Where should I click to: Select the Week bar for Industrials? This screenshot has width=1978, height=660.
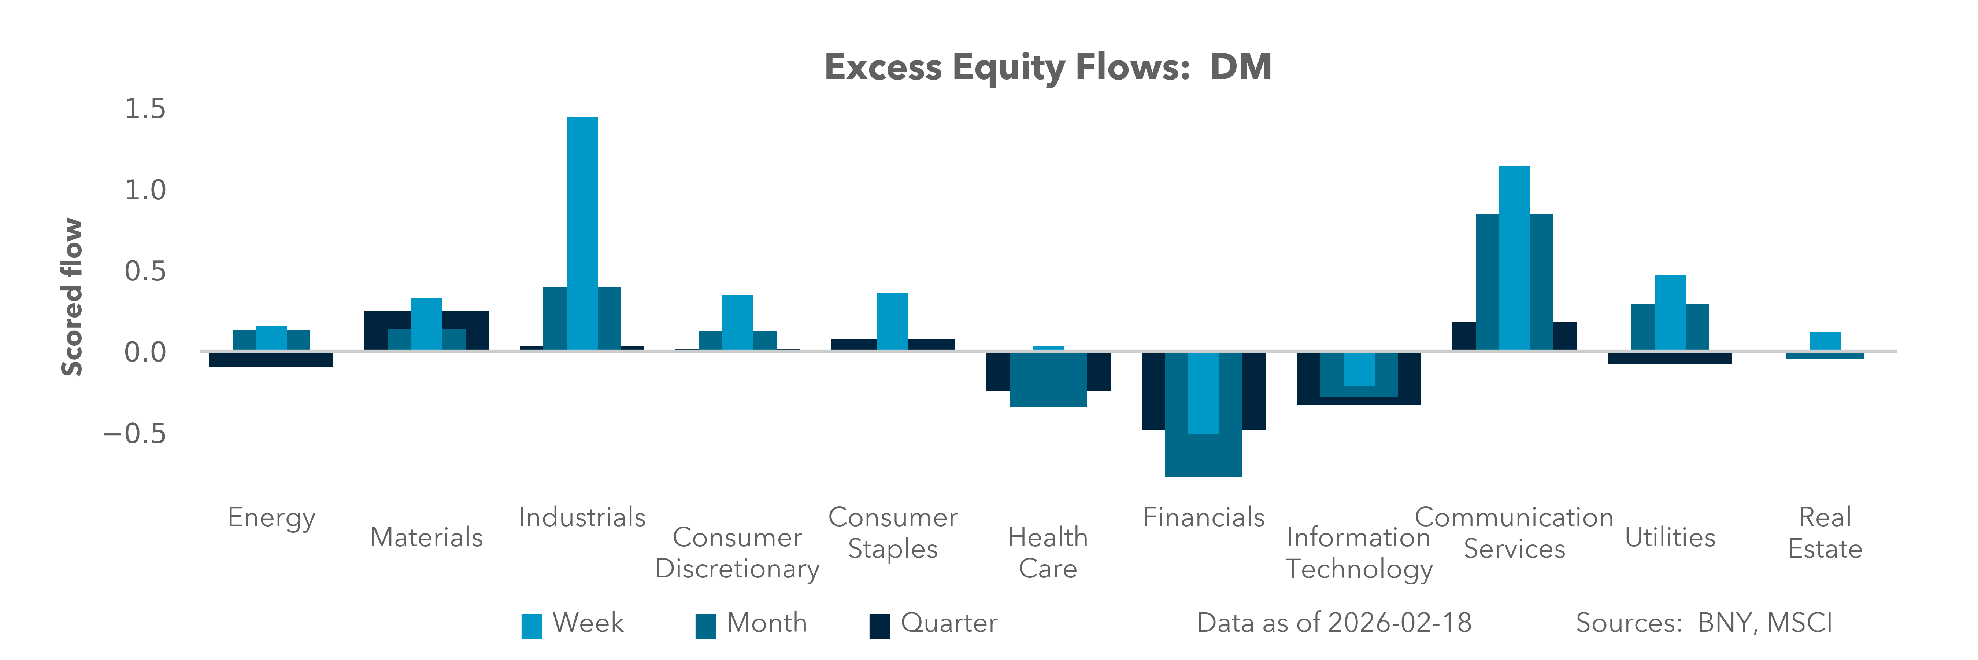(x=582, y=231)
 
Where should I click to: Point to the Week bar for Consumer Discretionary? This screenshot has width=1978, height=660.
(x=737, y=323)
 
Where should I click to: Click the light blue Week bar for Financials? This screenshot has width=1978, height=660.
(x=1203, y=393)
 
